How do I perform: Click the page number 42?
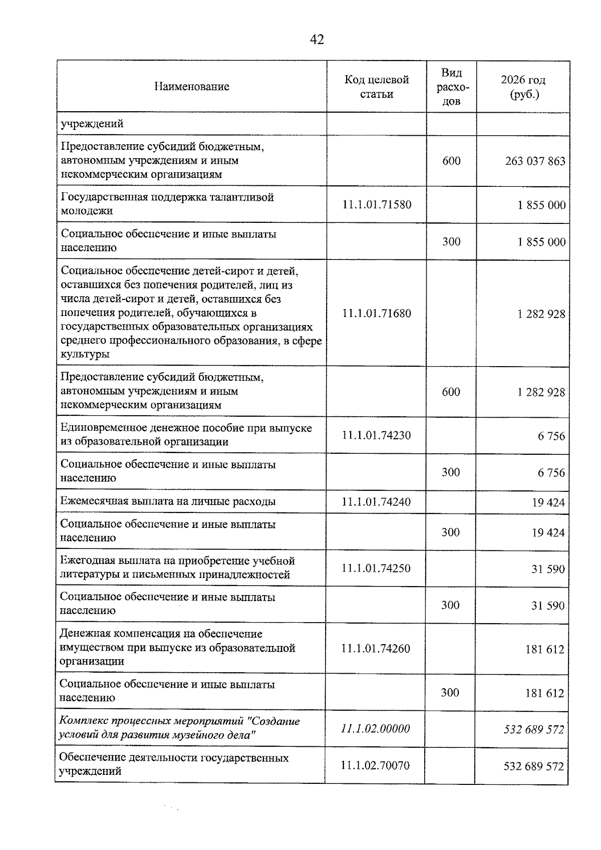coord(317,40)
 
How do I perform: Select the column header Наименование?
coord(191,86)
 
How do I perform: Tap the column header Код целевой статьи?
coord(376,87)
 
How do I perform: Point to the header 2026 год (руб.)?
coord(523,87)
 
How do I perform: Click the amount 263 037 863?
coord(535,161)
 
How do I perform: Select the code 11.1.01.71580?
coord(377,204)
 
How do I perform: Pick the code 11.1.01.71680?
coord(377,314)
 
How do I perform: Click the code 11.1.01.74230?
coord(376,435)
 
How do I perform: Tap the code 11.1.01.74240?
coord(376,502)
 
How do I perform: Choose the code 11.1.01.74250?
coord(376,568)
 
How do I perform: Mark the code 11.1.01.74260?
coord(376,649)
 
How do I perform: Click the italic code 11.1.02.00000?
coord(375,729)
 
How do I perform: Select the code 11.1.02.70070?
coord(375,765)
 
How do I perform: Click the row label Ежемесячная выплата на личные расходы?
coord(168,501)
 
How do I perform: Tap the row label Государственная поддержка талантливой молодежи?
coord(167,204)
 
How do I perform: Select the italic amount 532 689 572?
coord(533,730)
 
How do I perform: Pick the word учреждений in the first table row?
coord(92,124)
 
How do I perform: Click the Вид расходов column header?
coord(452,87)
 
